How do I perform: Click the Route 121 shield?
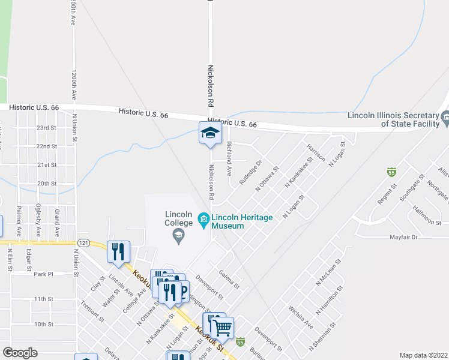click(x=83, y=243)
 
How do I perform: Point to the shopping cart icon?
click(x=223, y=327)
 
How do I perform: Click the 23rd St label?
click(x=46, y=128)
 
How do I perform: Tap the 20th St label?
click(x=46, y=184)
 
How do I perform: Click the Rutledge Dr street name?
click(x=251, y=172)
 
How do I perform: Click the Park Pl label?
click(x=44, y=274)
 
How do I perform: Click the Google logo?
click(x=20, y=353)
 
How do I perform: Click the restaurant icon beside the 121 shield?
click(x=118, y=251)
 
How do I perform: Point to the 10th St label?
click(x=44, y=324)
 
